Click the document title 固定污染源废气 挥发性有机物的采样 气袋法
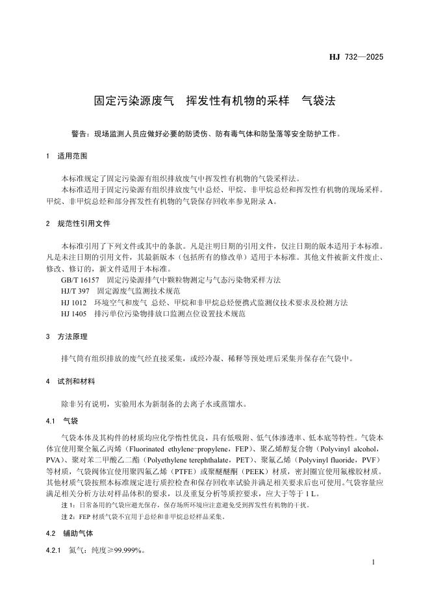pos(214,101)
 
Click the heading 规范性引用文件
pos(84,223)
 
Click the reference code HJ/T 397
pos(75,291)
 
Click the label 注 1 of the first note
pos(68,505)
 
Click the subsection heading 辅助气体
pos(79,533)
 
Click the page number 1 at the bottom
pos(375,561)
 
